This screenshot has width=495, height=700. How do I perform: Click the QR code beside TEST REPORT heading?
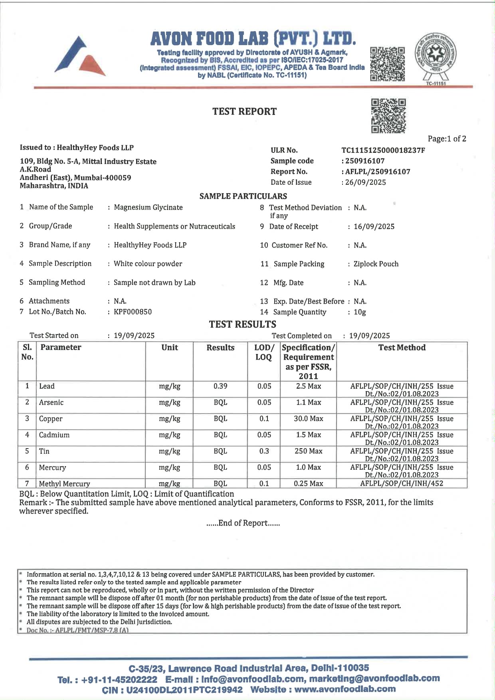coord(388,116)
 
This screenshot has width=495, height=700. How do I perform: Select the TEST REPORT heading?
coord(244,111)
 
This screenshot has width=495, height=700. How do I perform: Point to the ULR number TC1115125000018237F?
coord(383,150)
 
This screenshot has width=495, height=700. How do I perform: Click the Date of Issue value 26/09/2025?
coord(366,182)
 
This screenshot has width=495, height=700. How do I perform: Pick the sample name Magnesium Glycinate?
coord(148,208)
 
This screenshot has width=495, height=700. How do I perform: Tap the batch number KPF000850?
coord(133,312)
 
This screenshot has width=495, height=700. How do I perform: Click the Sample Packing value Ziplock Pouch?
coord(376,264)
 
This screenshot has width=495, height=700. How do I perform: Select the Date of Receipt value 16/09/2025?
coord(374,227)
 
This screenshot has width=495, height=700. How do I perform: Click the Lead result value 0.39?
coord(220,386)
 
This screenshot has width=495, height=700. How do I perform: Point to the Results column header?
coord(220,348)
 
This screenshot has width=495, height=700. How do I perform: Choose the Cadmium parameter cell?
coord(54,435)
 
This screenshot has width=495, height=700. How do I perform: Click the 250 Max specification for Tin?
coord(308,451)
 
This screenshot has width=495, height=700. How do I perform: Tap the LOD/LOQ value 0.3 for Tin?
coord(264,451)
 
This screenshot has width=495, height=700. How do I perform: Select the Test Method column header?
coord(402,348)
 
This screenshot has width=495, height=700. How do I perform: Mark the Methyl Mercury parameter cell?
coord(64,484)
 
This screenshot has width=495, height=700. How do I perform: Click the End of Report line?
coord(243,523)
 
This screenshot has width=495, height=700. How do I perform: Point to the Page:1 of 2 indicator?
coord(447,139)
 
